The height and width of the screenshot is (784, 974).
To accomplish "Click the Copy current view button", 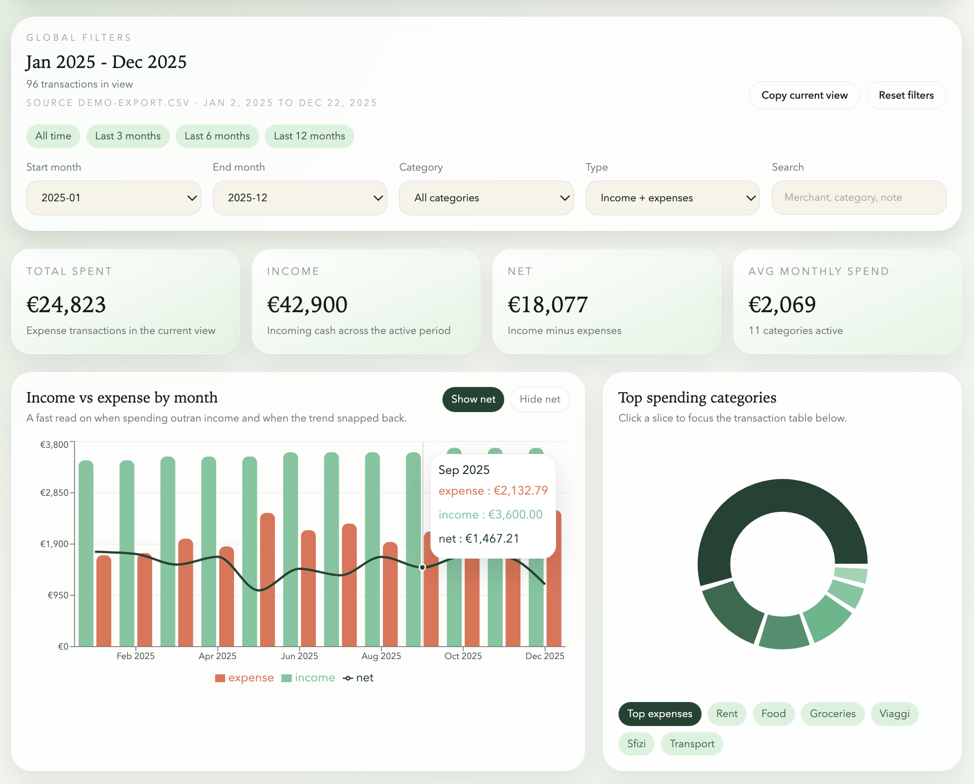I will [x=804, y=95].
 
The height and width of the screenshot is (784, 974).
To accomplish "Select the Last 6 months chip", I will [x=217, y=136].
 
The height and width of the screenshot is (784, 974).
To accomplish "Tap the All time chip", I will [x=53, y=136].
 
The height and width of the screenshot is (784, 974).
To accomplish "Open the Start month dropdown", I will [x=113, y=198].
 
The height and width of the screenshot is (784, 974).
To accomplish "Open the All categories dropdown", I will [x=486, y=198].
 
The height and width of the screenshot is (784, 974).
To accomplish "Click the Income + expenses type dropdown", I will [x=673, y=198].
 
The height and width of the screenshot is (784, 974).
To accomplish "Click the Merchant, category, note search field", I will [x=859, y=197].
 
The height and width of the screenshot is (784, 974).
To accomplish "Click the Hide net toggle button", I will [x=539, y=399].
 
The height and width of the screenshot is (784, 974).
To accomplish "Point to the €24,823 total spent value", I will [x=66, y=304].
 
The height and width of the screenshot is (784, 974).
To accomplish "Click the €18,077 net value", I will [x=548, y=304].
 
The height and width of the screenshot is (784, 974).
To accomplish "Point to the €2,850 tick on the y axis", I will [x=54, y=492].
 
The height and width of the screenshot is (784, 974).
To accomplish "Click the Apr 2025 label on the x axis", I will [x=217, y=656].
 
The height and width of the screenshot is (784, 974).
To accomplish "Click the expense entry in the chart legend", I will [x=245, y=678].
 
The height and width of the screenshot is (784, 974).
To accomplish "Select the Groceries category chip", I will [x=832, y=714].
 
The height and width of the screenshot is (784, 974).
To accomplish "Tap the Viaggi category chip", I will [x=894, y=714].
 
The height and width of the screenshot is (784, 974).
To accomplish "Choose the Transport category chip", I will [x=691, y=744].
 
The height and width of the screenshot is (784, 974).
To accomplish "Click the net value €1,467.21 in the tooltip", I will [x=479, y=539].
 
